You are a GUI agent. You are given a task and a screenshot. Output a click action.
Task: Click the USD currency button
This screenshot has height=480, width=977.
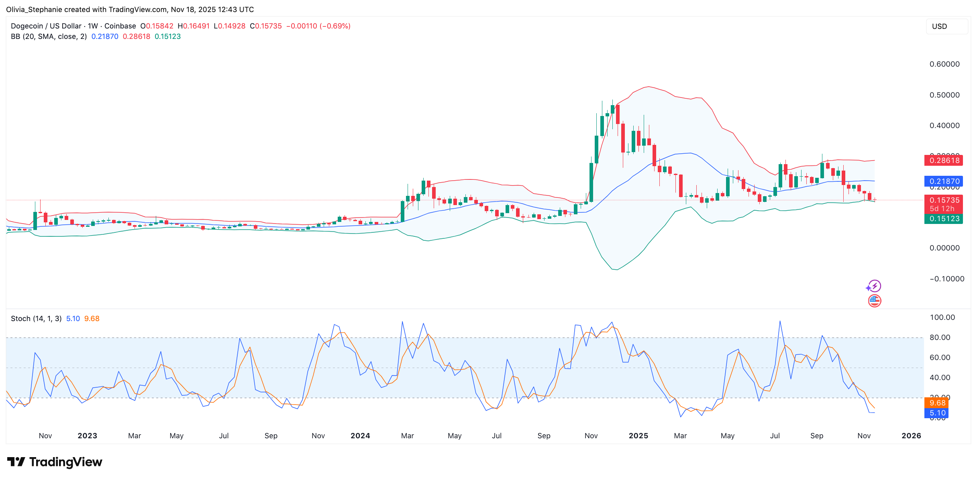[x=946, y=26]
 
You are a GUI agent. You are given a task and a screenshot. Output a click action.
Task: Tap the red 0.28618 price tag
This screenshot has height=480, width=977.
[x=943, y=161]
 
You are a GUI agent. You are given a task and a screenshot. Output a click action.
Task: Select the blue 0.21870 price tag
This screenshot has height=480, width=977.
[x=943, y=181]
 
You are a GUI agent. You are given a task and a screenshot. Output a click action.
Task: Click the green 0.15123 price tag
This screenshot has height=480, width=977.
[x=943, y=219]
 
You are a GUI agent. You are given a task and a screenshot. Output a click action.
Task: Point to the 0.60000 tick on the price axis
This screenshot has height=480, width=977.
[x=944, y=64]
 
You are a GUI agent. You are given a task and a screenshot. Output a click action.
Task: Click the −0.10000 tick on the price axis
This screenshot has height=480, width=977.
[x=946, y=279]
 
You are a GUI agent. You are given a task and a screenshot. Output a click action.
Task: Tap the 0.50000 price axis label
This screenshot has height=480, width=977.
[x=944, y=95]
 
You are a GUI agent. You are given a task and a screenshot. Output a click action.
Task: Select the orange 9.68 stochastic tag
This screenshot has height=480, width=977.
[x=937, y=403]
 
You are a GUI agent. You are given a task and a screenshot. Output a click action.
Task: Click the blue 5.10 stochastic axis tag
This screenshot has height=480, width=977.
[x=937, y=413]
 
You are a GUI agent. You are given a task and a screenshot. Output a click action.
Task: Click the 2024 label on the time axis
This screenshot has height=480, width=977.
[x=360, y=436]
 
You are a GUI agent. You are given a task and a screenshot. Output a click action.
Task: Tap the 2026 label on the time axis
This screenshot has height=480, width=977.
[x=911, y=436]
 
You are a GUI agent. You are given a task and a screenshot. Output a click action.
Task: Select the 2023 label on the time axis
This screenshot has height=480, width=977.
[x=87, y=436]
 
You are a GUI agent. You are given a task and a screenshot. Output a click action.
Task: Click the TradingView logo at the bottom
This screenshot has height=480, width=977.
[x=55, y=462]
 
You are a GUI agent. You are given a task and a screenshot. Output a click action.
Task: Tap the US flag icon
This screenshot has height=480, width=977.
[x=874, y=301]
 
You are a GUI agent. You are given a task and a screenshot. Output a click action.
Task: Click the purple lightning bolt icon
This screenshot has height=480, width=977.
[x=874, y=286]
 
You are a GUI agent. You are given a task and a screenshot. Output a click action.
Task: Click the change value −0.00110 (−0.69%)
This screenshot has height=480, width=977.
[x=318, y=26]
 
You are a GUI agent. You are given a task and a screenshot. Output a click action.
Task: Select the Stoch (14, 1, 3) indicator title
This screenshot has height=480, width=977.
[x=36, y=319]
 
